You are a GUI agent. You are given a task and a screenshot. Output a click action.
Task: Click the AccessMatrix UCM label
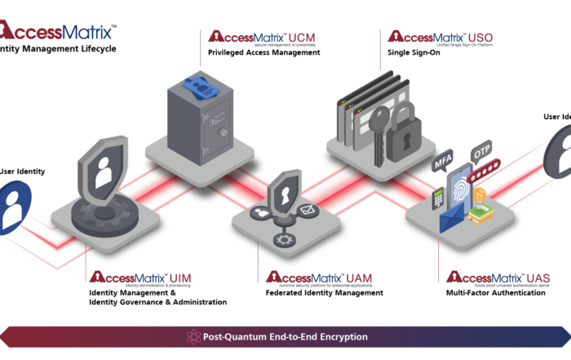tap(262, 37)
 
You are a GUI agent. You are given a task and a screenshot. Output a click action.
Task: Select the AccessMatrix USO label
tap(440, 37)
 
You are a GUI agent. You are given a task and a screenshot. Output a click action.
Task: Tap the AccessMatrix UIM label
tap(140, 278)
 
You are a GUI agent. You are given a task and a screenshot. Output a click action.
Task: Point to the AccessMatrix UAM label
tap(319, 278)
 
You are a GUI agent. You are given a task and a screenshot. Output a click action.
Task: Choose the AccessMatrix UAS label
tap(498, 278)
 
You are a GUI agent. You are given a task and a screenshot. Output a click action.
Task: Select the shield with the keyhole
tap(285, 193)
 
